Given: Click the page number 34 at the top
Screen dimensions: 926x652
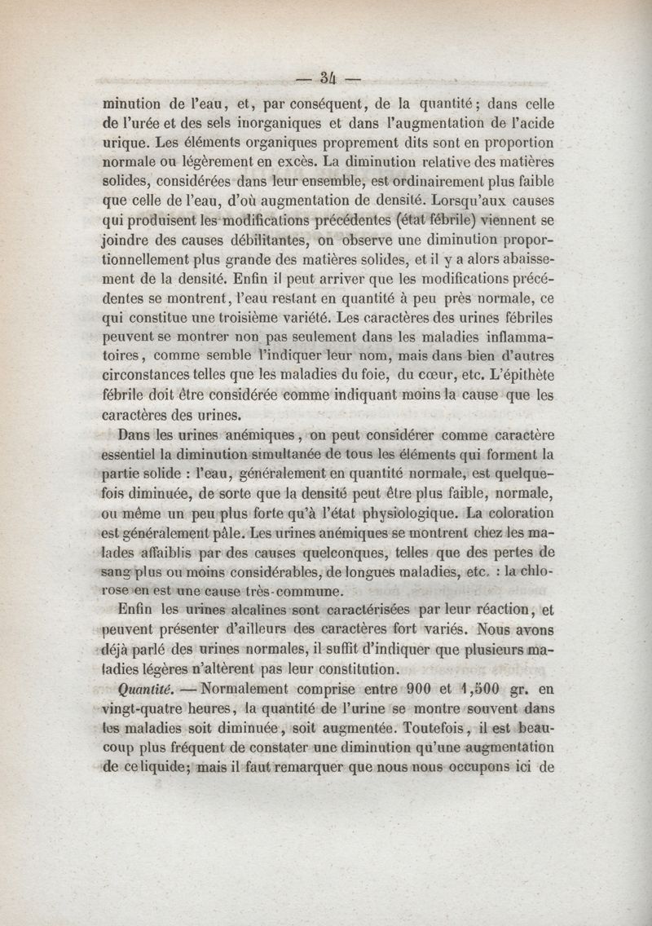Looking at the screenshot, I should pyautogui.click(x=328, y=79).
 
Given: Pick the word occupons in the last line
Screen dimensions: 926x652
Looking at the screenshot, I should pyautogui.click(x=489, y=767).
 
